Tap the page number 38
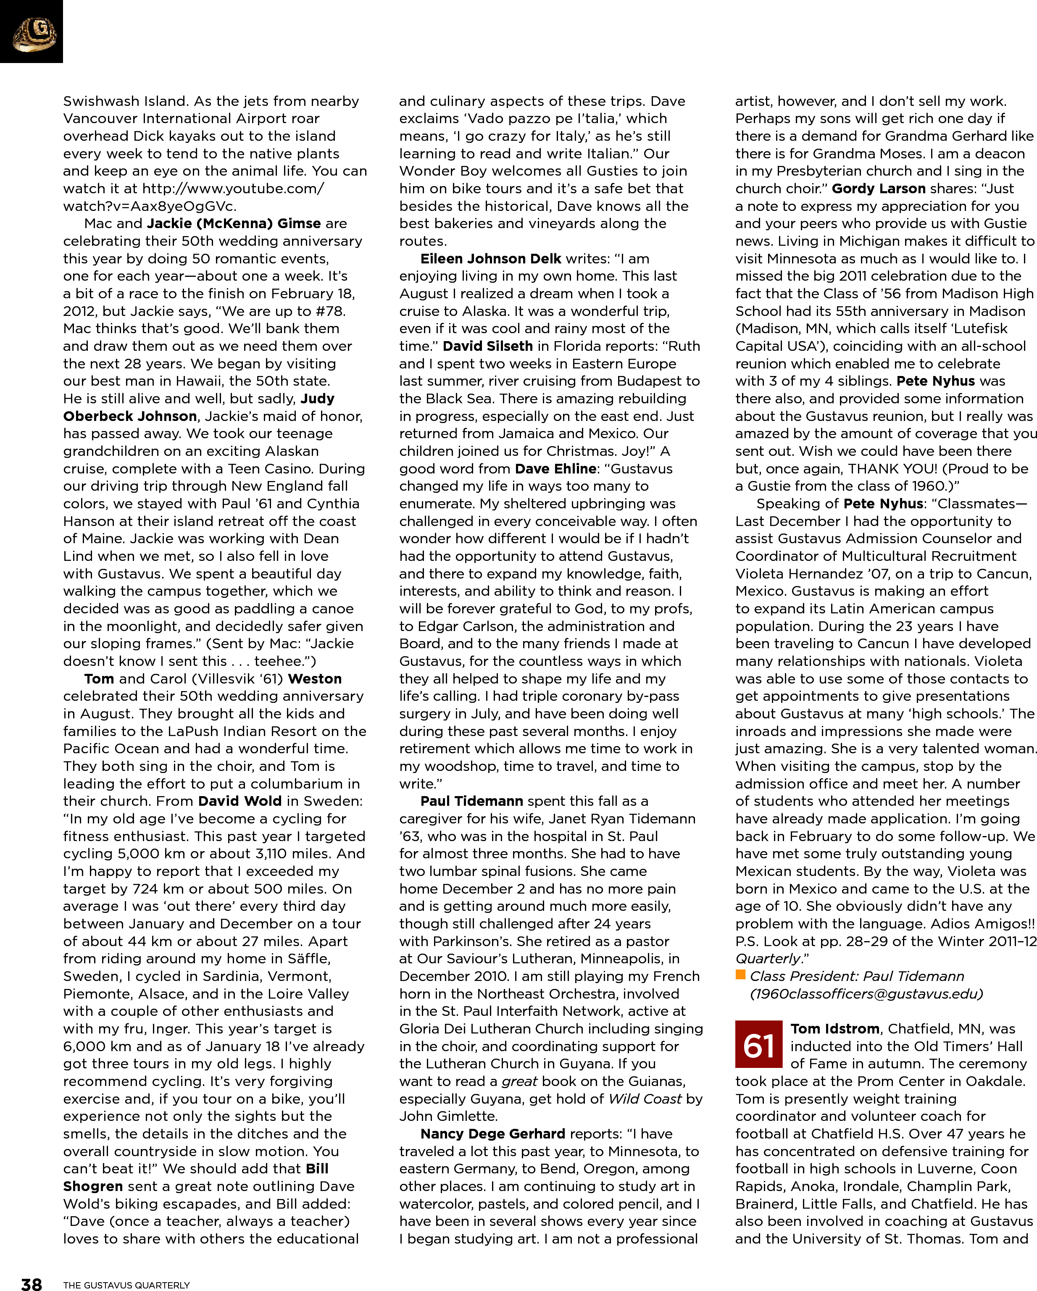(x=31, y=1283)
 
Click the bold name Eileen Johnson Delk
(x=490, y=259)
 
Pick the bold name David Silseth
(x=487, y=346)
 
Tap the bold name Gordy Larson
(x=878, y=189)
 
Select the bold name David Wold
(x=240, y=801)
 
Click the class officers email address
(x=866, y=994)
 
